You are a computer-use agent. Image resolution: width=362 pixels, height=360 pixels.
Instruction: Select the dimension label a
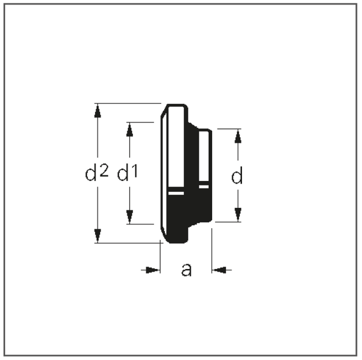coord(186,269)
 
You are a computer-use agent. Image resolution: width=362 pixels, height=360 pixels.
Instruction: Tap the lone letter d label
coord(237,175)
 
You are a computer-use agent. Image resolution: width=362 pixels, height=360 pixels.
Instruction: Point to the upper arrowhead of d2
coord(98,111)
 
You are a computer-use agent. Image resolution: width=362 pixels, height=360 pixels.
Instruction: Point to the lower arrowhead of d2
coord(98,236)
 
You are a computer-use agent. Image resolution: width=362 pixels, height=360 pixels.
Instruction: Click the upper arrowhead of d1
coord(130,130)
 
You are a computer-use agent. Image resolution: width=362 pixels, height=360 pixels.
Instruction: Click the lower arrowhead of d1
coord(130,217)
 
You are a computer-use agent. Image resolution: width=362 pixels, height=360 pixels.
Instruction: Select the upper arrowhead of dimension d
coord(238,136)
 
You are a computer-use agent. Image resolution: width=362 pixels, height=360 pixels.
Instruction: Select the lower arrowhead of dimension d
coord(238,214)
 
